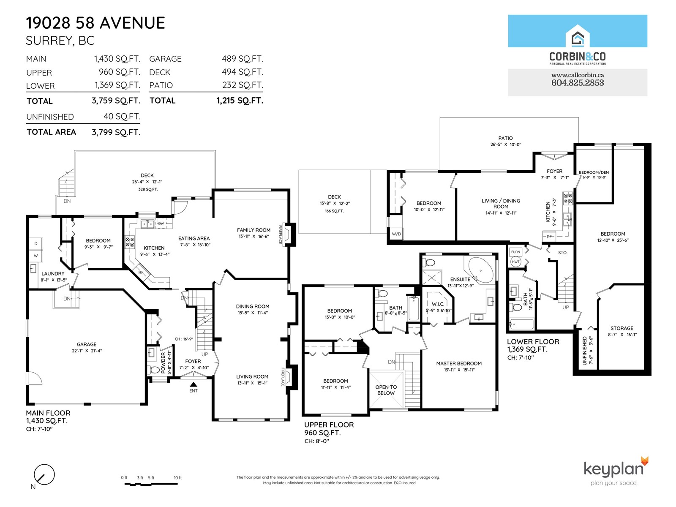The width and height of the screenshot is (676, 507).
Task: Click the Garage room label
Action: [x=87, y=344]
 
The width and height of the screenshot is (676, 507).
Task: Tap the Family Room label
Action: [x=253, y=230]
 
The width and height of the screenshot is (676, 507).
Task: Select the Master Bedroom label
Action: [x=459, y=363]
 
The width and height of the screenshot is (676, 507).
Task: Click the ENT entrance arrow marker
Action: [x=194, y=384]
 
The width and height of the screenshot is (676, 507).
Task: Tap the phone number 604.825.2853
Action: [x=578, y=83]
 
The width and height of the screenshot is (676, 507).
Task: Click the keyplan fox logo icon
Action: [x=644, y=461]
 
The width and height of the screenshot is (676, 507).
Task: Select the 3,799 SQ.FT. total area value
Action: [x=116, y=132]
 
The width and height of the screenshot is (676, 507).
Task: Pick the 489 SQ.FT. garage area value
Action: [x=243, y=58]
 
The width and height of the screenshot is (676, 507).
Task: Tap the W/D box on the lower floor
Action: [x=396, y=234]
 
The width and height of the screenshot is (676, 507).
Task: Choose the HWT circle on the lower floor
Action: [x=515, y=262]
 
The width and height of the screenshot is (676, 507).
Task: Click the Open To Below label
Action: [x=386, y=390]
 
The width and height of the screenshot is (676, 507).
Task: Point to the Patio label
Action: [x=506, y=138]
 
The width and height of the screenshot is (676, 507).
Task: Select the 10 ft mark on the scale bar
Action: [x=178, y=478]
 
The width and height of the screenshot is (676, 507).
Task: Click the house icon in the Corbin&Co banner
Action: [x=578, y=36]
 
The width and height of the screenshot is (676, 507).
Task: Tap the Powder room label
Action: [x=163, y=363]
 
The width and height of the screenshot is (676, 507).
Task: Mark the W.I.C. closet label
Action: [x=438, y=304]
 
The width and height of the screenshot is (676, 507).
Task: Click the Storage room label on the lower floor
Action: [x=622, y=328]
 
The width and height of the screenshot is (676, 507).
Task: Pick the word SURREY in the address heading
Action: [x=49, y=41]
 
